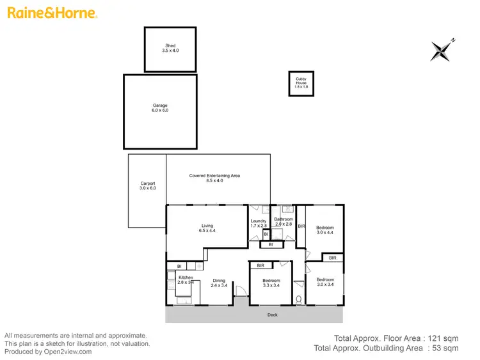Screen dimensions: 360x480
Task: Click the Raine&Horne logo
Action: click(x=52, y=13)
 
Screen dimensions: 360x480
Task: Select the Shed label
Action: click(x=170, y=49)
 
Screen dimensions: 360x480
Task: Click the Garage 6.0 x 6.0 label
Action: click(x=160, y=108)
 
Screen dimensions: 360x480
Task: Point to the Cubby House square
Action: click(x=301, y=83)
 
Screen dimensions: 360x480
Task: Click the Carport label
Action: click(x=148, y=186)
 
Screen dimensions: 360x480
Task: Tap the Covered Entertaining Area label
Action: click(x=214, y=178)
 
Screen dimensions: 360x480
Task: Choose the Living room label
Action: click(x=207, y=228)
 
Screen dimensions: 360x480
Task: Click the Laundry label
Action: click(x=259, y=224)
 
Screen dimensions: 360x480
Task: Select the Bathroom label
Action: click(x=283, y=222)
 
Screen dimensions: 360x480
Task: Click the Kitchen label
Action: click(x=186, y=279)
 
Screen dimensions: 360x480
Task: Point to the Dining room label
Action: click(x=219, y=283)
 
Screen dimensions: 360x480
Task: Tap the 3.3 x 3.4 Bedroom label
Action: click(x=271, y=283)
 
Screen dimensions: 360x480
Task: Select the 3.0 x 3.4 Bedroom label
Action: click(x=325, y=282)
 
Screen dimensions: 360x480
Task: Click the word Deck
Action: click(x=272, y=315)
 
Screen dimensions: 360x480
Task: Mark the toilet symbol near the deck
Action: click(x=299, y=299)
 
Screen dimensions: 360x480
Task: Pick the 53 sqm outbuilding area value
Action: click(x=447, y=348)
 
